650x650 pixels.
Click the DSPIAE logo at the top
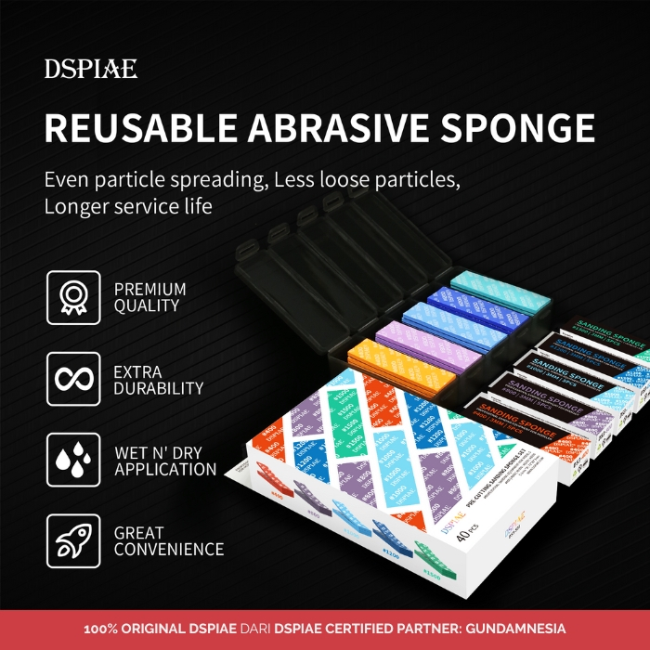click(x=91, y=69)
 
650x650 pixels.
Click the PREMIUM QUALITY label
click(x=150, y=298)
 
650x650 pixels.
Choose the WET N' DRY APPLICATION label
click(x=165, y=461)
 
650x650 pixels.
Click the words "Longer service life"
click(x=128, y=206)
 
